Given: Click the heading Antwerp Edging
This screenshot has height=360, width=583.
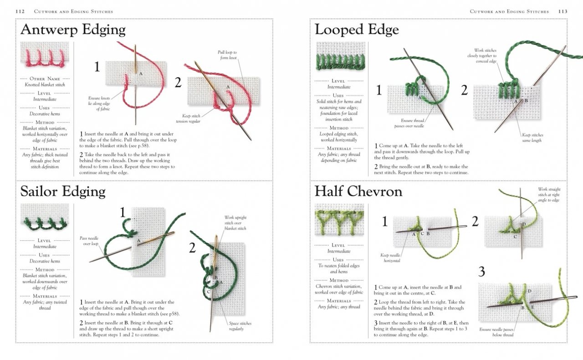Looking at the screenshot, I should click(x=73, y=30).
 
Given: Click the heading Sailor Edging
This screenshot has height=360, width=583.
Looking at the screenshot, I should click(x=62, y=192).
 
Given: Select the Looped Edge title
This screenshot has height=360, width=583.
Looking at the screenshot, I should click(x=357, y=30).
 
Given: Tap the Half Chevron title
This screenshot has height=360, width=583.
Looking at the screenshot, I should click(x=358, y=192).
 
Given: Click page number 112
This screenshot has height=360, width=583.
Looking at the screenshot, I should click(x=20, y=11).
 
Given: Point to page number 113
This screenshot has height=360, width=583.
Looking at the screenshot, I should click(x=563, y=11).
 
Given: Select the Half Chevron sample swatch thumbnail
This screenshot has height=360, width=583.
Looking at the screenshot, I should click(x=339, y=219).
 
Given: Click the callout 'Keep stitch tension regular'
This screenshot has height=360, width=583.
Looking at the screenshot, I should click(x=188, y=119).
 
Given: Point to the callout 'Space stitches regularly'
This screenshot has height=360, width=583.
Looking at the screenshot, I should click(x=240, y=326).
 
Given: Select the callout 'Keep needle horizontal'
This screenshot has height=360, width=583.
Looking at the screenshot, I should click(x=390, y=258).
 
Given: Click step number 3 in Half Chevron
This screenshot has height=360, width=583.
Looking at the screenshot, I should click(x=481, y=272).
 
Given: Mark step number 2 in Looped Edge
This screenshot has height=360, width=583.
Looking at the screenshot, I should click(x=464, y=90).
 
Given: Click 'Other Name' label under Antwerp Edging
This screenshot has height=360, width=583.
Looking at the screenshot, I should click(x=44, y=79).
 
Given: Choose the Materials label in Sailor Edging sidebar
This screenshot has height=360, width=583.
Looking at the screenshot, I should click(x=45, y=296).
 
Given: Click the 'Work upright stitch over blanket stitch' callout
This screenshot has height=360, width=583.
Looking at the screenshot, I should click(x=235, y=223).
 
